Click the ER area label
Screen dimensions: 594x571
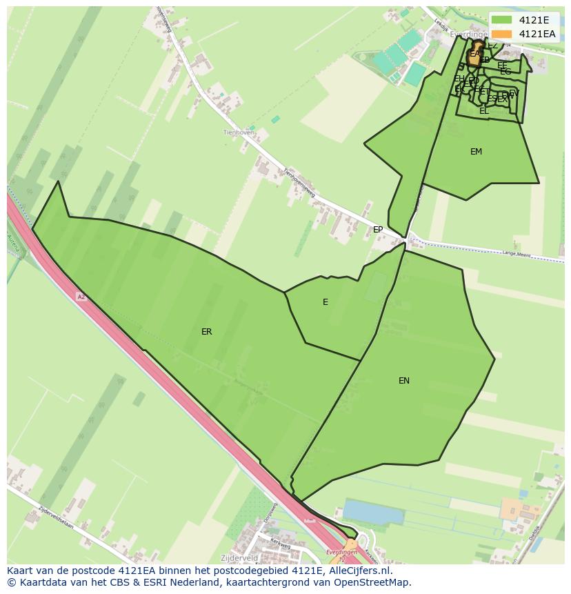point(206,332)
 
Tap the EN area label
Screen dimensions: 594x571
point(404,380)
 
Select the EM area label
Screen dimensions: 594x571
point(476,152)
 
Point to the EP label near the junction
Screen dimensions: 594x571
point(378,230)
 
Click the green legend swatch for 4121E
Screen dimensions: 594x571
point(502,20)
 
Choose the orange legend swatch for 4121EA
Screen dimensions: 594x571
point(502,34)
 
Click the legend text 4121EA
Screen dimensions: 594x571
point(537,34)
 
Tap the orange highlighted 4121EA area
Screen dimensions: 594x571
point(474,55)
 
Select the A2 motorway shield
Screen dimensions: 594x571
point(81,297)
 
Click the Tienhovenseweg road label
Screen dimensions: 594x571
point(299,185)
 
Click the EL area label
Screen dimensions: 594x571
point(483,110)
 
